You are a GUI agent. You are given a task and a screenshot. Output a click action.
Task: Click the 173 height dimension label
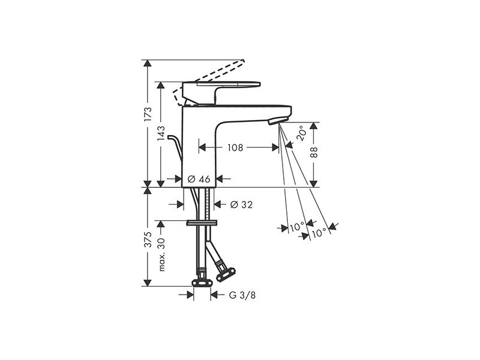point(148,114)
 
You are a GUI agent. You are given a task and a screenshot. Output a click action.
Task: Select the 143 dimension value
point(160,133)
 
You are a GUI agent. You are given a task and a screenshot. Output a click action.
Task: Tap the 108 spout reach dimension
point(235,148)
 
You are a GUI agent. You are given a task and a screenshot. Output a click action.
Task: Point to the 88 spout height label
point(314,152)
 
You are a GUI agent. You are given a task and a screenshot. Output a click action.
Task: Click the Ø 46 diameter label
point(199,179)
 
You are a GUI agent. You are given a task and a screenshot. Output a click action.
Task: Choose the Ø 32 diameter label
point(242,205)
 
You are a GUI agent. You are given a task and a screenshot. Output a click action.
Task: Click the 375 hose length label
point(148,239)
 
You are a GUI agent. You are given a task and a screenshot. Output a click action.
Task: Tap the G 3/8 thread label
point(242,295)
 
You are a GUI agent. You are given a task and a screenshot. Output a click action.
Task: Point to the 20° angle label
point(301,133)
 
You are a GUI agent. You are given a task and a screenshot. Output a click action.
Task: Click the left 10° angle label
point(296,227)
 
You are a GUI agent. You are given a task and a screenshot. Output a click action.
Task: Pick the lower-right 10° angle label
point(319,233)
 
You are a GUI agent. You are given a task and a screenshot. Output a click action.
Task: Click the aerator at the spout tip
point(278,121)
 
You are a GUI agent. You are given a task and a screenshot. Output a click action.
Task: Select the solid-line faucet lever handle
point(221,92)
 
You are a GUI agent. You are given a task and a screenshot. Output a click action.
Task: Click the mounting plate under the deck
point(202,223)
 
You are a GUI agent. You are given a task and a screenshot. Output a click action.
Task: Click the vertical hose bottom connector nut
point(202,283)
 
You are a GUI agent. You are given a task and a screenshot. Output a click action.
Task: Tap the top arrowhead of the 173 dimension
point(148,63)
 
